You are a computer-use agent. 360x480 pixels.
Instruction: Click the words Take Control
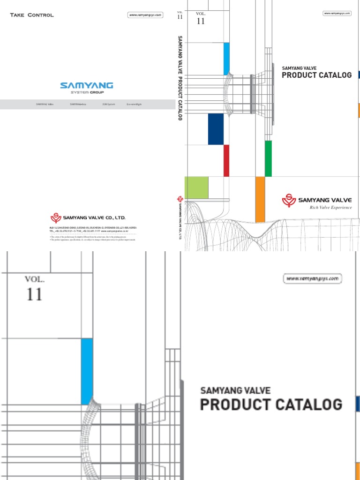(32, 15)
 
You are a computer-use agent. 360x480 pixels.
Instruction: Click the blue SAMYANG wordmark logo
(87, 85)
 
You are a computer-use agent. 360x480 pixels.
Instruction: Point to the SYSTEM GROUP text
(87, 92)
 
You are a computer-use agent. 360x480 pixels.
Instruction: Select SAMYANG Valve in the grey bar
(45, 104)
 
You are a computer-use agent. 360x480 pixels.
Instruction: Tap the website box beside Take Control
(145, 15)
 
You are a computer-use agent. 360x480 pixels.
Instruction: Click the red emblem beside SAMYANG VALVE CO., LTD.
(56, 217)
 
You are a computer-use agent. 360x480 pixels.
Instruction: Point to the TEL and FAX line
(89, 231)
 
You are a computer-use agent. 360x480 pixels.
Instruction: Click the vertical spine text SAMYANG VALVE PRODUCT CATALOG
(180, 77)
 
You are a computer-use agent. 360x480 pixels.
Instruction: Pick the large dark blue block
(216, 129)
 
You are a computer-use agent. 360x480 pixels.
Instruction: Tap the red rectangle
(226, 160)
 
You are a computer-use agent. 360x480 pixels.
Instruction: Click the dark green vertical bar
(268, 158)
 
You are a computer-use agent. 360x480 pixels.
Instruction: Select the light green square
(196, 187)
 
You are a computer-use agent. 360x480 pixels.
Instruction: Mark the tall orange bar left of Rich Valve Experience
(260, 199)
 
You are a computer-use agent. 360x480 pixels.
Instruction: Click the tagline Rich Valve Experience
(330, 208)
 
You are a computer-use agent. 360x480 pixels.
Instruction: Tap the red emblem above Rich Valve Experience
(289, 201)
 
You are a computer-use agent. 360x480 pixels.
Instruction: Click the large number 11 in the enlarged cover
(34, 295)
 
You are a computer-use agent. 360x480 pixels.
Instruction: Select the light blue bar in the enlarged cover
(87, 371)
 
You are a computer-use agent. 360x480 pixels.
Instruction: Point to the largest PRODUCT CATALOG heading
(271, 404)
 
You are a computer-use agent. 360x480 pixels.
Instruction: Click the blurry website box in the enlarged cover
(313, 279)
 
